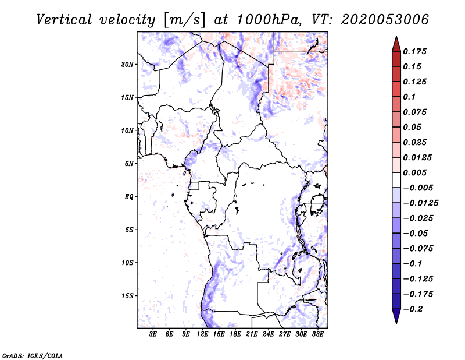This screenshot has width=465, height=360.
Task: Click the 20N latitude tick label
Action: (x=127, y=64)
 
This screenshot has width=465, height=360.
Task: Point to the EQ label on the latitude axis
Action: (x=129, y=197)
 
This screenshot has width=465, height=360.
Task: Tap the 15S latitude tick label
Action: (x=127, y=296)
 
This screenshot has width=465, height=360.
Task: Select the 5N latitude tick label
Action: (x=129, y=164)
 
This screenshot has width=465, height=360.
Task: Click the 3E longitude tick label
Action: (x=153, y=335)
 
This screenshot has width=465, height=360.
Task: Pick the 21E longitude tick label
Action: (x=252, y=335)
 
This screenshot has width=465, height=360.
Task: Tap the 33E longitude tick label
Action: (x=317, y=335)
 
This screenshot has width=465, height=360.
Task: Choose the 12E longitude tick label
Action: (x=202, y=335)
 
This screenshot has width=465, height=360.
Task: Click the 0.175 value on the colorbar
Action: (x=415, y=51)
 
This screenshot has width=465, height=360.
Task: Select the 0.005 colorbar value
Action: (x=415, y=172)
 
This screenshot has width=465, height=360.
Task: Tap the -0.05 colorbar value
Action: (x=415, y=233)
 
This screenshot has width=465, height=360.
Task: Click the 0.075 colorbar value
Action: (x=415, y=112)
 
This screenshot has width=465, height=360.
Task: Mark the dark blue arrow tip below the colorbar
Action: (x=396, y=318)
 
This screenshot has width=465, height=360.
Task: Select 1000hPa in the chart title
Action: (x=267, y=19)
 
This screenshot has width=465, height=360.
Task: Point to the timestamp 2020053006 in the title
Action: (x=377, y=19)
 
